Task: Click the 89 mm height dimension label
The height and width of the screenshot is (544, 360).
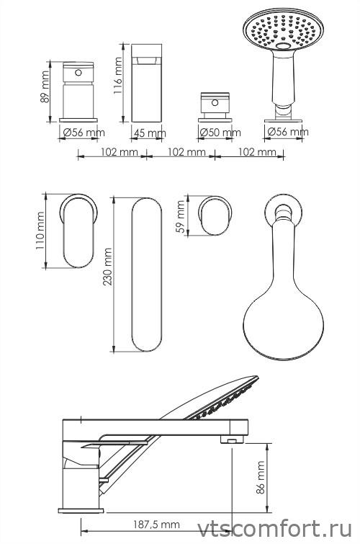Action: coord(45,87)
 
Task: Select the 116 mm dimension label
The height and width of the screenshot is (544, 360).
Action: coord(118,76)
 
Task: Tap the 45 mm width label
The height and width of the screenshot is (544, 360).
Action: coord(150,133)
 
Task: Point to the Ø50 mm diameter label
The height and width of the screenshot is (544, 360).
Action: coord(220,132)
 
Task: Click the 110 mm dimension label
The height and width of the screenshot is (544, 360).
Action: coord(40,231)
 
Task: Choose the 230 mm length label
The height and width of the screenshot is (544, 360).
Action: coord(107,267)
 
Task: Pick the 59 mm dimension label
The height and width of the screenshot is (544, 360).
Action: coord(181,216)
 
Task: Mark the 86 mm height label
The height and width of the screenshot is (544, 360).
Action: coord(260,477)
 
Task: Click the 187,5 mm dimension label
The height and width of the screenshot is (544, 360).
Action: coord(156,525)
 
